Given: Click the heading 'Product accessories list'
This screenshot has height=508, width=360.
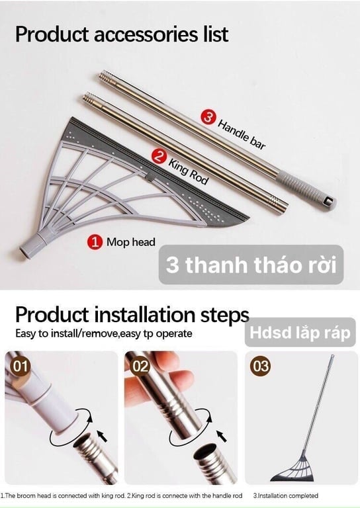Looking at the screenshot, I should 122,34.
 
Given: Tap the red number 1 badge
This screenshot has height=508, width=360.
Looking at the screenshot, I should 95,242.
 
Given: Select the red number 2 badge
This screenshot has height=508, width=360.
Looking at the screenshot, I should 158,156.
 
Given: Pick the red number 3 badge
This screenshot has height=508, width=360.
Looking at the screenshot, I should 208,118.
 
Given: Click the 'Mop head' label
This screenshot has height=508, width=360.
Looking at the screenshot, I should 130,242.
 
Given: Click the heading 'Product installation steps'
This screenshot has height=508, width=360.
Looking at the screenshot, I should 132,314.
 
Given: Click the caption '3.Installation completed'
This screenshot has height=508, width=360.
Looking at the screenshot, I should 286,495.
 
